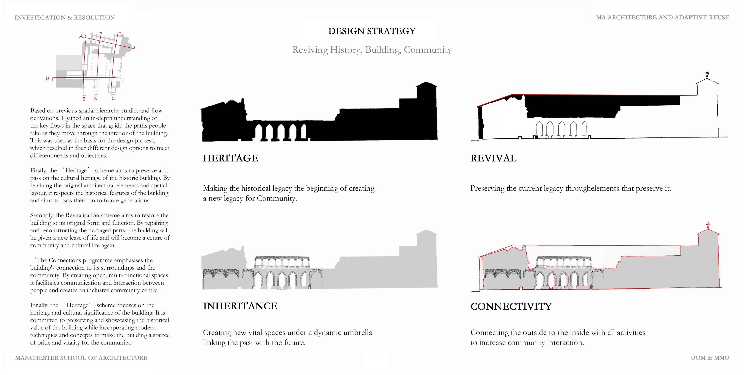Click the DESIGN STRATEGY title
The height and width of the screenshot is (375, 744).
pos(372,31)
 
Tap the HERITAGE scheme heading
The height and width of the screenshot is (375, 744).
pos(230,158)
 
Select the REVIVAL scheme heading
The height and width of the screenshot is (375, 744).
pos(493,158)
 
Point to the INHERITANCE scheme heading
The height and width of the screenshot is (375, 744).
pos(240,306)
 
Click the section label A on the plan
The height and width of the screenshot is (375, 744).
pos(81,36)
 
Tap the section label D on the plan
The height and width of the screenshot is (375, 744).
pos(47,79)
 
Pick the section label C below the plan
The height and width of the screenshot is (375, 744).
pos(113,99)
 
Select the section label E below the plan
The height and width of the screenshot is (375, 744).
pos(84,99)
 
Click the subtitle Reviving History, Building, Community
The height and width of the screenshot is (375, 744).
pos(372,50)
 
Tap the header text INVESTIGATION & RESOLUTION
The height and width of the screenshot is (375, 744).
pos(65,18)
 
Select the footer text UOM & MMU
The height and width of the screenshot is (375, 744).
pos(710,358)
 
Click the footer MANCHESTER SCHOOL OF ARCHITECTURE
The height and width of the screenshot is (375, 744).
pos(81,358)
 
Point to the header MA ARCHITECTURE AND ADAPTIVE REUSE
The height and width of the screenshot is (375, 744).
pos(662,18)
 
